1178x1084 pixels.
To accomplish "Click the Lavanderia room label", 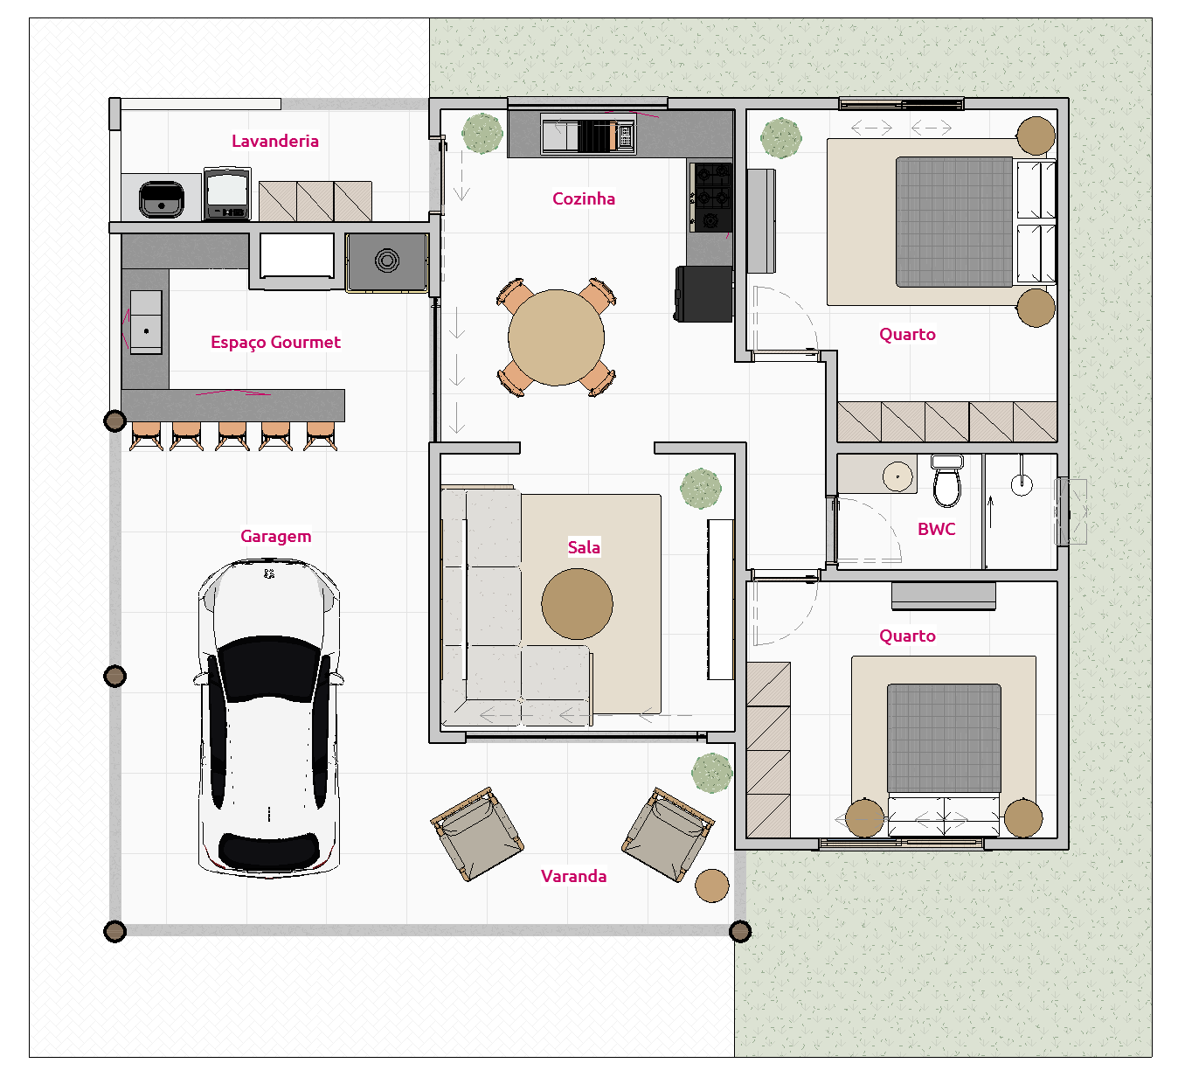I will (274, 141).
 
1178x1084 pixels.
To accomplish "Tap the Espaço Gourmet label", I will (275, 342).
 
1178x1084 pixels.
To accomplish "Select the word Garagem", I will (275, 536).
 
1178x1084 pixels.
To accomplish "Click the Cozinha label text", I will (583, 198).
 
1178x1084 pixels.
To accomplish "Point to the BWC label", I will (936, 529).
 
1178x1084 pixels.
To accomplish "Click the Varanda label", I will (573, 876).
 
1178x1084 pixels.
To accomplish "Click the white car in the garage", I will (268, 717).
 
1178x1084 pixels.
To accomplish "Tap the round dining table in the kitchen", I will (556, 337).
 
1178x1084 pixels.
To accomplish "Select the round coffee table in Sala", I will (577, 603).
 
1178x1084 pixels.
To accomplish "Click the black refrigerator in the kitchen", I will (703, 294).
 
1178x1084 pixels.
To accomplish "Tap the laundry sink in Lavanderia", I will (161, 199).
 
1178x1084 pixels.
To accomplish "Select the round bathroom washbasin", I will (897, 476).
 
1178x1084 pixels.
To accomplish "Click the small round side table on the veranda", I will (711, 886).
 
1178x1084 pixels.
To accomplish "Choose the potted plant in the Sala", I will (700, 489).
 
